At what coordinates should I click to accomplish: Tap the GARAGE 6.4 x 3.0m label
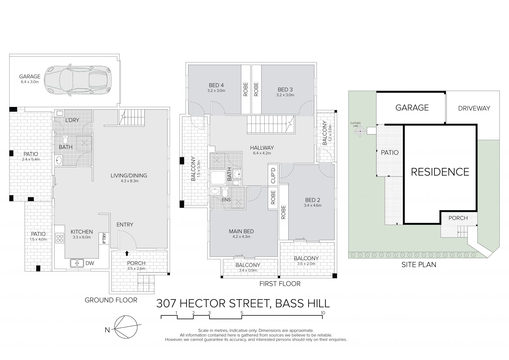(30, 79)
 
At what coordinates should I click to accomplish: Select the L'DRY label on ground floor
(72, 120)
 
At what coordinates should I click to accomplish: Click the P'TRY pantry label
(104, 238)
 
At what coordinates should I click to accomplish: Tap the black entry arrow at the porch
(127, 253)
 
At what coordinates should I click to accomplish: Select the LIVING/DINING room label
(129, 178)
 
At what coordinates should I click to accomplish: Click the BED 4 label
(216, 88)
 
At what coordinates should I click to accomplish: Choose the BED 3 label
(285, 92)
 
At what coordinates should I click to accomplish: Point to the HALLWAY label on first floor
(262, 150)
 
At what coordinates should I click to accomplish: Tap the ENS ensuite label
(226, 200)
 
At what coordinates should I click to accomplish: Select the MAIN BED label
(241, 233)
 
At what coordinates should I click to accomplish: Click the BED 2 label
(313, 202)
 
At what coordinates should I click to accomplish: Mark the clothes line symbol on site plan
(360, 131)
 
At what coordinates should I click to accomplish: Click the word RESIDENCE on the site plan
(440, 172)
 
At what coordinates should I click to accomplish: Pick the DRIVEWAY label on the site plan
(474, 108)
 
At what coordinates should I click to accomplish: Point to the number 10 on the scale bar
(323, 313)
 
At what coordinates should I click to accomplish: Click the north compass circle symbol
(126, 327)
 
